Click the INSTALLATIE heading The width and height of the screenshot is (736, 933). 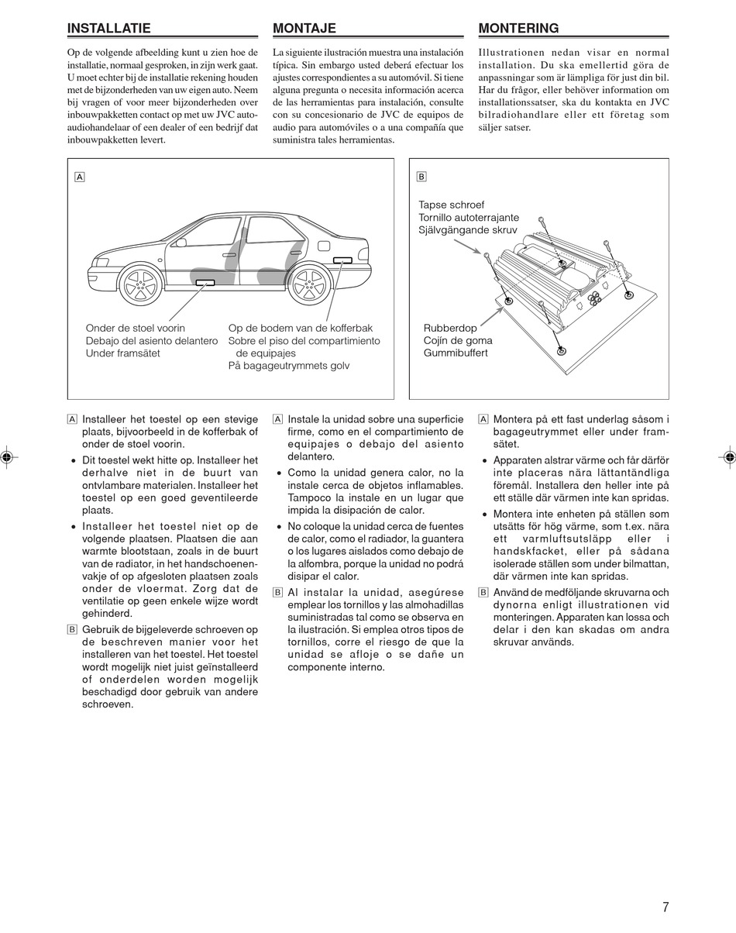pyautogui.click(x=109, y=29)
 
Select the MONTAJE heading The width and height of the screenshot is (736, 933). pyautogui.click(x=304, y=29)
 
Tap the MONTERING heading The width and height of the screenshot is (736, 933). pyautogui.click(x=518, y=29)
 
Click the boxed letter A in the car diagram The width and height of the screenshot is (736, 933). pyautogui.click(x=80, y=177)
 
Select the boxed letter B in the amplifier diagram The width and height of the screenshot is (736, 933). pyautogui.click(x=421, y=177)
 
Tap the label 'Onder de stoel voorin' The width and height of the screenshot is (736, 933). pyautogui.click(x=136, y=329)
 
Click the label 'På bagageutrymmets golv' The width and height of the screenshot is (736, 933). pyautogui.click(x=289, y=366)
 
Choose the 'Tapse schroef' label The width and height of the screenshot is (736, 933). pyautogui.click(x=452, y=205)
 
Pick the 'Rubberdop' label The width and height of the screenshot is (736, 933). pyautogui.click(x=450, y=329)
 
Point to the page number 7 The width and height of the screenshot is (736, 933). pyautogui.click(x=665, y=907)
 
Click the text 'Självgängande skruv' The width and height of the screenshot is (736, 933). pyautogui.click(x=468, y=230)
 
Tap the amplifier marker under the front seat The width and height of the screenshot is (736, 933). pyautogui.click(x=205, y=282)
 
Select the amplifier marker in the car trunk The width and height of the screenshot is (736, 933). pyautogui.click(x=342, y=260)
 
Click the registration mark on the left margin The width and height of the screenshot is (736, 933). pyautogui.click(x=6, y=457)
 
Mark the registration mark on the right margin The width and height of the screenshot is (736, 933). pyautogui.click(x=729, y=457)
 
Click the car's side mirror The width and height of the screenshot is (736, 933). pyautogui.click(x=181, y=243)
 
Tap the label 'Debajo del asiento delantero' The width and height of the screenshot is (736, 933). pyautogui.click(x=152, y=341)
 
